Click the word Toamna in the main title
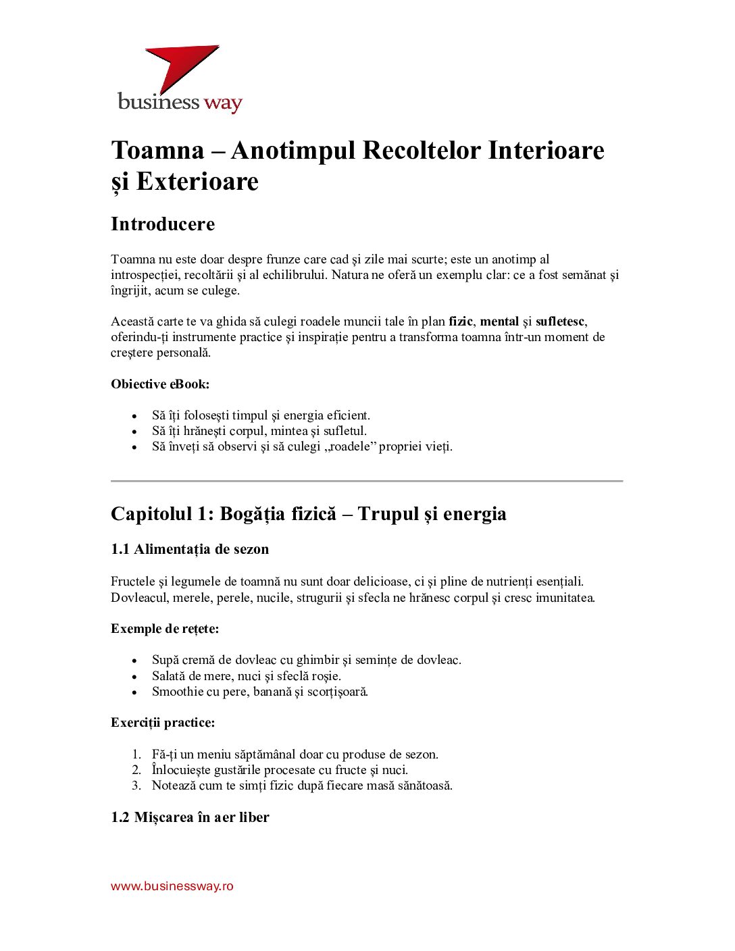(x=157, y=150)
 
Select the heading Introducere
(x=163, y=224)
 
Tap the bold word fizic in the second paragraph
(x=461, y=322)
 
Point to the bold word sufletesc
(x=560, y=322)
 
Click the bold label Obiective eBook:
(x=160, y=384)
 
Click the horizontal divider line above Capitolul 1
(x=367, y=481)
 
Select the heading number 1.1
(x=120, y=549)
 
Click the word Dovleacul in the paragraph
(x=139, y=598)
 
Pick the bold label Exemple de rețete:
(x=165, y=629)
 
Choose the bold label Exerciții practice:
(x=163, y=723)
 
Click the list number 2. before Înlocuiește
(x=136, y=770)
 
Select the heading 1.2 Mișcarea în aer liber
(x=190, y=817)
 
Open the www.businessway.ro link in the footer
(x=172, y=886)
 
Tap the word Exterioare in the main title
(x=197, y=181)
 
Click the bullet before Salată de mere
(x=135, y=676)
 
